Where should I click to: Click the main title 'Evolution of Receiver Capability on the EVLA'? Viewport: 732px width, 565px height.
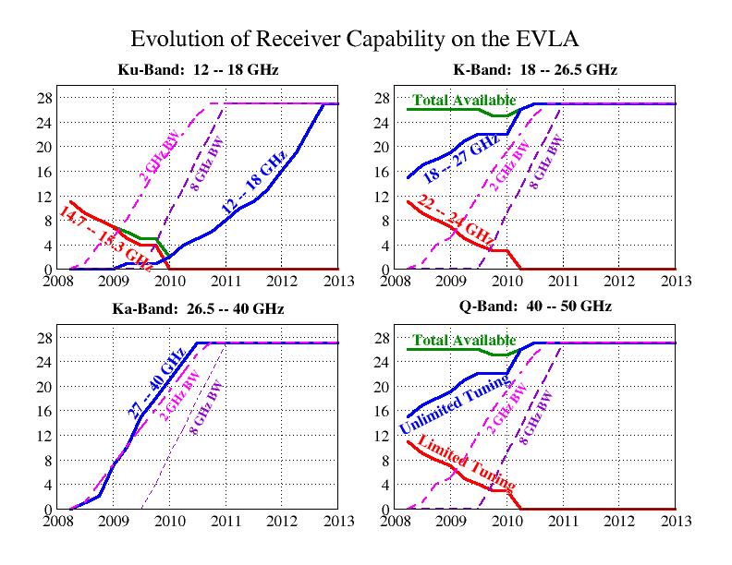355,39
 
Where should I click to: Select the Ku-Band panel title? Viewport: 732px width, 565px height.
198,70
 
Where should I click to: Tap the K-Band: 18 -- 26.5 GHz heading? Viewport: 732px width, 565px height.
535,70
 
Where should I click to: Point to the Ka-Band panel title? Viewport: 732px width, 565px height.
198,308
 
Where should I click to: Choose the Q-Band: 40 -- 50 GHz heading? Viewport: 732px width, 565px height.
535,307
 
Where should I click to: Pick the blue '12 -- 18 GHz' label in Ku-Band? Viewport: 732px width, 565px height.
254,182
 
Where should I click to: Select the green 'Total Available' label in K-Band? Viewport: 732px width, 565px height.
465,101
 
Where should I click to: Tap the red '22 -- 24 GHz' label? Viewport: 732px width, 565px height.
455,220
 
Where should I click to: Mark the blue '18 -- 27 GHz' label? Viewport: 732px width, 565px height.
461,159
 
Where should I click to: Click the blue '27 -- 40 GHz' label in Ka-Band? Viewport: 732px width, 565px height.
157,383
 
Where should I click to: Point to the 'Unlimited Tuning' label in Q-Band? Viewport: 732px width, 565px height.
456,403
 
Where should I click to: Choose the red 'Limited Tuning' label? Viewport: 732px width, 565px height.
467,462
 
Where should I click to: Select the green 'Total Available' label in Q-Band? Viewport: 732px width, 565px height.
465,340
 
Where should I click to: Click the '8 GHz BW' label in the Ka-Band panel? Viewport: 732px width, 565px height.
206,408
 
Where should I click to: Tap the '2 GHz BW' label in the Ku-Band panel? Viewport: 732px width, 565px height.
160,160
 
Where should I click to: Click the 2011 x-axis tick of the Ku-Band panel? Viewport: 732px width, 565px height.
226,281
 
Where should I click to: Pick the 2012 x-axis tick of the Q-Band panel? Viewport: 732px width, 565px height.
619,521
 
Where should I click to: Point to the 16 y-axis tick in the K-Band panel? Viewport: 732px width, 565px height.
382,172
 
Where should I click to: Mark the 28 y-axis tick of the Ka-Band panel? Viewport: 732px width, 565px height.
44,338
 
